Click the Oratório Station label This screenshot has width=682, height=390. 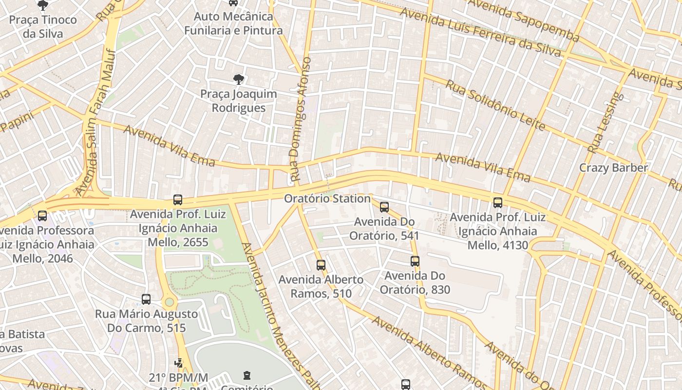click(327, 198)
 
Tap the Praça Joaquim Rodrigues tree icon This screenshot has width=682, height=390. click(238, 79)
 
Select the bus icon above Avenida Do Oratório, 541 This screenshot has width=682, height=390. click(384, 207)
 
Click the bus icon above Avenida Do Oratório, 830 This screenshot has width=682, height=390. click(415, 261)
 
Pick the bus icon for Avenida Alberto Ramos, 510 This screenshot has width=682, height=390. click(321, 265)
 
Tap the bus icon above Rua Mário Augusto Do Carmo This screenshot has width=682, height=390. click(146, 299)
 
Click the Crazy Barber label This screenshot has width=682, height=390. click(613, 168)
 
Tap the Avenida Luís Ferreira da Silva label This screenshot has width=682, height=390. click(480, 32)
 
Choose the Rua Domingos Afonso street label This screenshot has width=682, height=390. click(300, 119)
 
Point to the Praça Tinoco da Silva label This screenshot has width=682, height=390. click(43, 26)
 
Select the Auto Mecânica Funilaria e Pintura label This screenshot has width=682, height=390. click(233, 23)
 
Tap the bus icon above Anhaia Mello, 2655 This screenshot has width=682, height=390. click(178, 200)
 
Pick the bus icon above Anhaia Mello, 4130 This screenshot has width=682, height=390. click(498, 203)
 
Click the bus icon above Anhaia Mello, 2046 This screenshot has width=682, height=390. click(42, 215)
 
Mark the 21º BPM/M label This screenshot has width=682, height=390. click(178, 377)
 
